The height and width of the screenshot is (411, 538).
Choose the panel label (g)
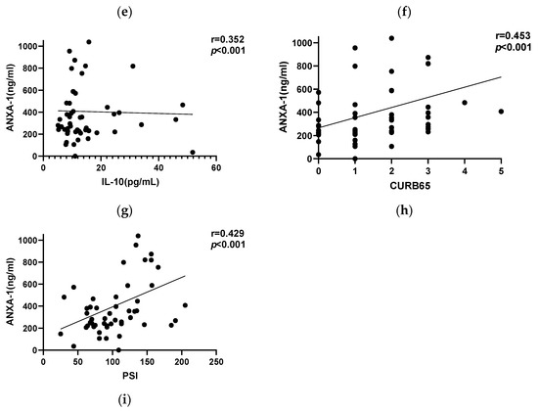point(128,206)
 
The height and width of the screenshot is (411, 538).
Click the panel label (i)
point(128,400)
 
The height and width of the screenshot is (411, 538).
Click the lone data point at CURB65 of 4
point(464,103)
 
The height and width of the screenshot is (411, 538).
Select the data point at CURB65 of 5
point(501,112)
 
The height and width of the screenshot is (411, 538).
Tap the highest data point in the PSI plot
point(137,236)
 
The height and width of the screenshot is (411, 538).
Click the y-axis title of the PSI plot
point(10,293)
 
